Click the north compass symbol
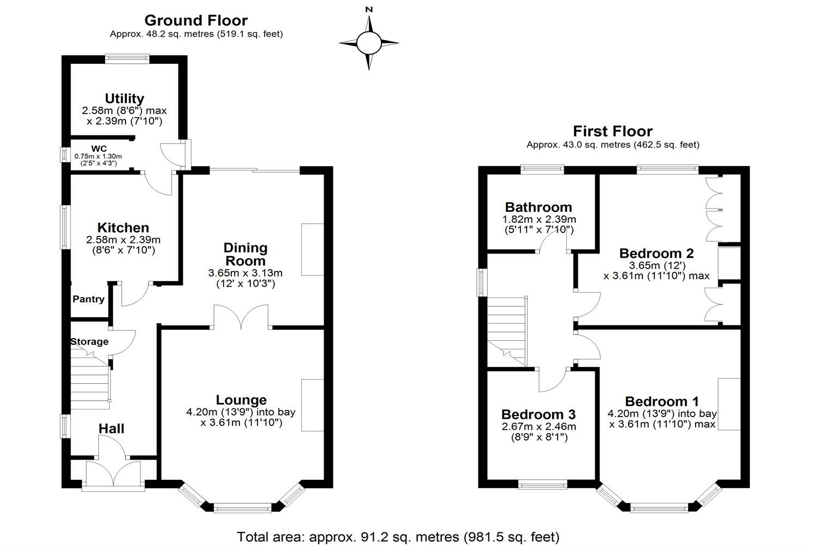(x=369, y=41)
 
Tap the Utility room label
(x=124, y=99)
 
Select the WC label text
(x=99, y=149)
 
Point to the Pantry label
(x=88, y=299)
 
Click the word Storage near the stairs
(x=89, y=342)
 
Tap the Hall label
(x=111, y=429)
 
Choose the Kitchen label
(x=123, y=228)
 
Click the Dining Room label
(x=246, y=254)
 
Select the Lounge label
(x=241, y=400)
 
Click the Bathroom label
(x=539, y=207)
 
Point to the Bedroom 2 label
(x=656, y=253)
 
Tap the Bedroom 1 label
(x=662, y=402)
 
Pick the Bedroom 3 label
(x=539, y=415)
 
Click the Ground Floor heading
(x=196, y=21)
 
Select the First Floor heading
(x=612, y=132)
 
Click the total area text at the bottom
(x=398, y=537)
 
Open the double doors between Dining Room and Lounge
(x=241, y=317)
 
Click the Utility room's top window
(x=127, y=56)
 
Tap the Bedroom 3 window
(x=542, y=484)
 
